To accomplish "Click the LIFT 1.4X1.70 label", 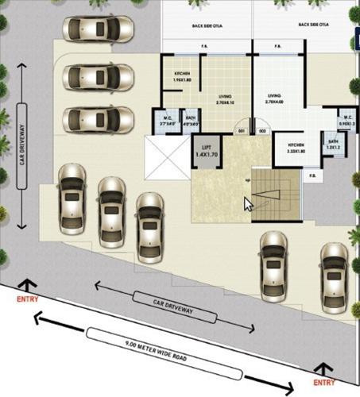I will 206,149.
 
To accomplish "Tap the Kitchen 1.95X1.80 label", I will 186,77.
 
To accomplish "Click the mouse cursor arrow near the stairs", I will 248,202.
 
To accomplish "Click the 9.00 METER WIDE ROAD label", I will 156,350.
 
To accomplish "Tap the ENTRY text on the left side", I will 29,299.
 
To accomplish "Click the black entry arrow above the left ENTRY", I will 29,284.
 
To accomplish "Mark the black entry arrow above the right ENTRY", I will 323,368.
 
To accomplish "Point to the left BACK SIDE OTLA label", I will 207,25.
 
